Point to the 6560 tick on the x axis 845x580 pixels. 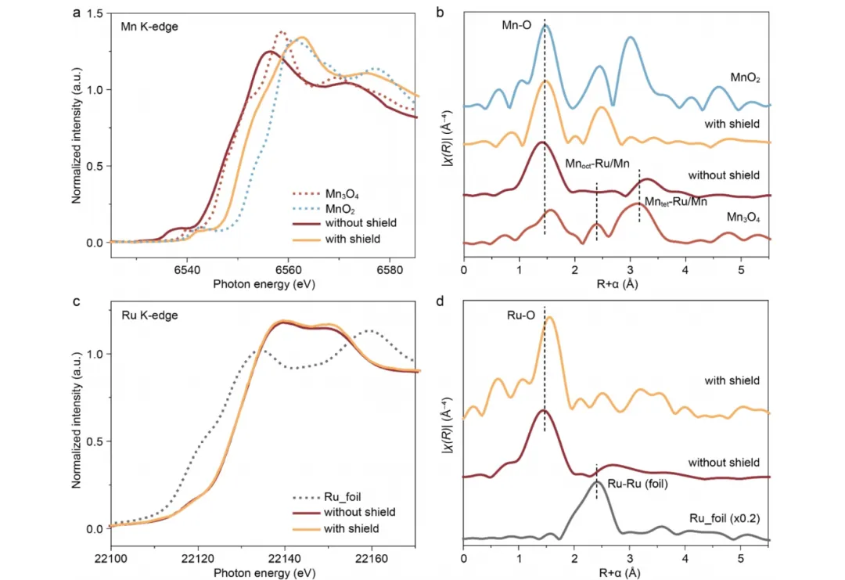287,269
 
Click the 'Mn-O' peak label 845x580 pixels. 516,26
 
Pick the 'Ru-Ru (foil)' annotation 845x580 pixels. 637,482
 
